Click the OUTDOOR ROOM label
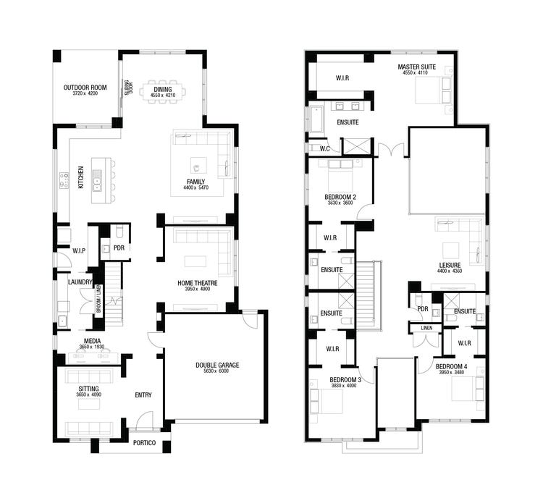click(x=85, y=88)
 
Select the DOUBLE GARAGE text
click(x=217, y=365)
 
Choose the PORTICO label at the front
click(x=143, y=442)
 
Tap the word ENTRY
click(x=143, y=395)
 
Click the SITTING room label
click(x=88, y=389)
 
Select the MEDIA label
click(x=92, y=341)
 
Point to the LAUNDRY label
click(x=79, y=282)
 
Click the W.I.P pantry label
click(x=79, y=251)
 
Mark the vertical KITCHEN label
click(x=81, y=178)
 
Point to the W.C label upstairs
click(x=326, y=148)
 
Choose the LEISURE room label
click(x=450, y=265)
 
